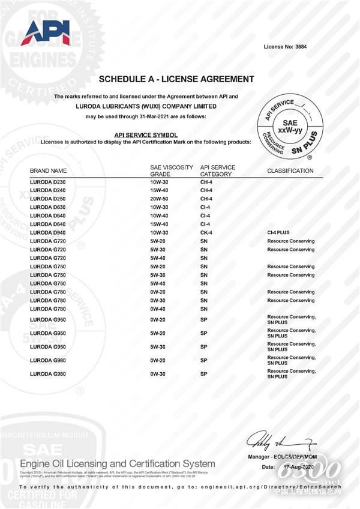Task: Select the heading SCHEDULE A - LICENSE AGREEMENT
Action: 176,79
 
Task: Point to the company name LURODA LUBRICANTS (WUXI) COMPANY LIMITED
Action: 146,106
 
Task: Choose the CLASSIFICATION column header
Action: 290,171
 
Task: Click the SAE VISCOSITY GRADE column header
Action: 171,170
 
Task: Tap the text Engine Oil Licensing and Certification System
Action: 118,463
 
